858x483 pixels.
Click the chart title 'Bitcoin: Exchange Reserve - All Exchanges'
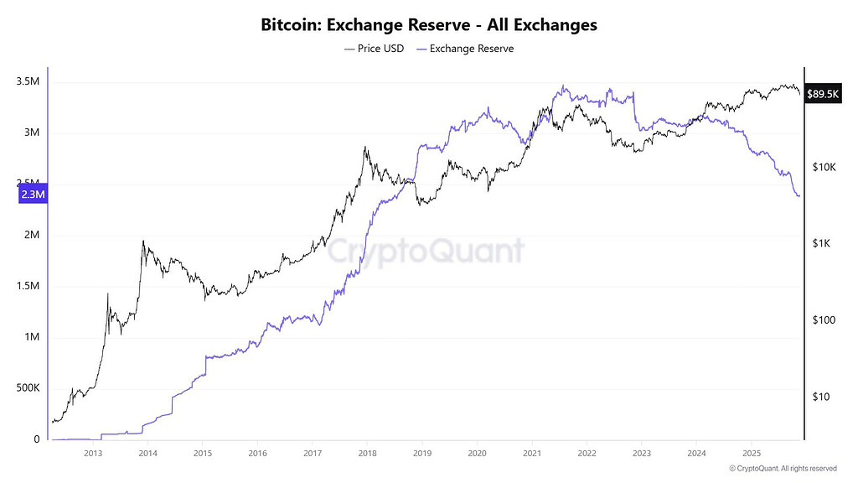[429, 24]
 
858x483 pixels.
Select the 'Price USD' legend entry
[374, 49]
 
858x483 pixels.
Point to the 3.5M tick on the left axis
[28, 81]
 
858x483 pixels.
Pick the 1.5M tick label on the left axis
[28, 286]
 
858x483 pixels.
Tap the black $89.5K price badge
[822, 94]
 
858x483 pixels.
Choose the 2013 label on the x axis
[92, 454]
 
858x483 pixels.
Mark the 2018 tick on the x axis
[366, 454]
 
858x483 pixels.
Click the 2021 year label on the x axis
[531, 454]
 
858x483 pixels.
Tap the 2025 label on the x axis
[751, 454]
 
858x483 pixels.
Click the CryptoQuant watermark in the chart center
[425, 250]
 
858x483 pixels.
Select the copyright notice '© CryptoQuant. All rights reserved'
[783, 468]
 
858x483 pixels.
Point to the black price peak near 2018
[364, 148]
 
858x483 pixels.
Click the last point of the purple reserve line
[799, 195]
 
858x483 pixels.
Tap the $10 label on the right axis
[822, 396]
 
